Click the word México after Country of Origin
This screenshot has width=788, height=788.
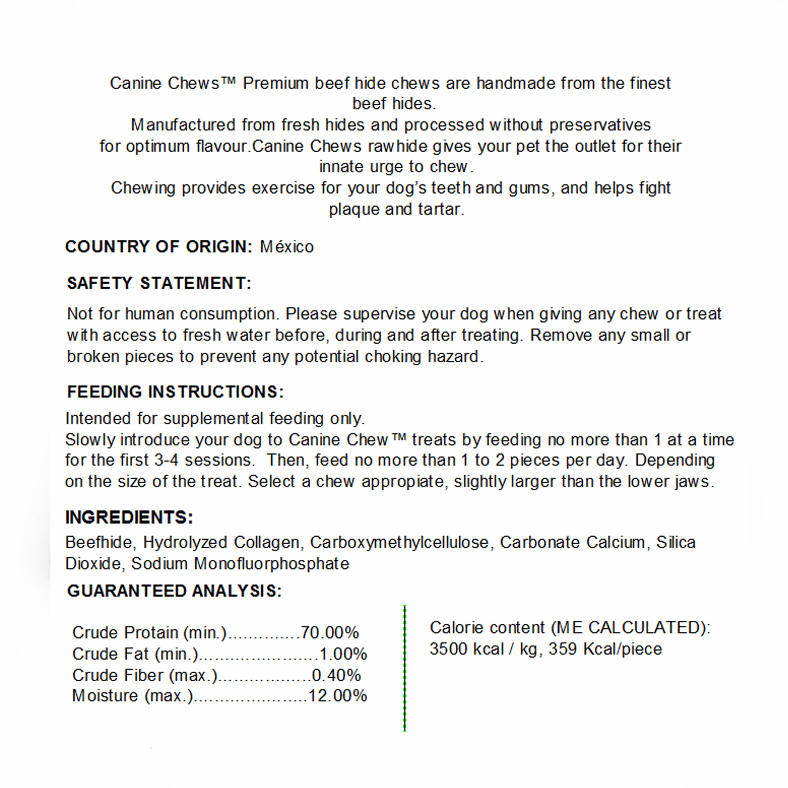pyautogui.click(x=287, y=247)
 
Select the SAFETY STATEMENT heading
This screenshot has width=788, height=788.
pyautogui.click(x=159, y=283)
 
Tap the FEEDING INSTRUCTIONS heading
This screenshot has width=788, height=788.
pyautogui.click(x=175, y=392)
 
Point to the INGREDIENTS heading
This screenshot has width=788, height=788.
pyautogui.click(x=129, y=517)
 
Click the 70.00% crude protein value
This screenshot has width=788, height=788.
pyautogui.click(x=330, y=633)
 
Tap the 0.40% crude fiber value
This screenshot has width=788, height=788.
pyautogui.click(x=336, y=675)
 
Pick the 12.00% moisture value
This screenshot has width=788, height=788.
pyautogui.click(x=338, y=696)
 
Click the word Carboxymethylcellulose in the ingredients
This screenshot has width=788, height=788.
pyautogui.click(x=399, y=542)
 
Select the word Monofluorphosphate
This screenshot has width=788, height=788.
pyautogui.click(x=271, y=564)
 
